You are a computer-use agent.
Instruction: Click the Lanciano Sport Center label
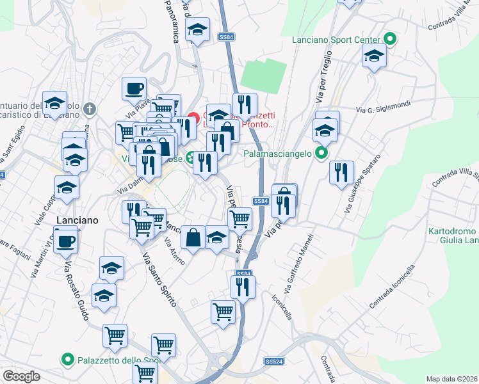click(336, 40)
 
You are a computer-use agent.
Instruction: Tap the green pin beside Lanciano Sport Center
click(389, 39)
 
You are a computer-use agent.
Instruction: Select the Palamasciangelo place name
click(276, 154)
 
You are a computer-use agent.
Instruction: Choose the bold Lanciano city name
click(77, 220)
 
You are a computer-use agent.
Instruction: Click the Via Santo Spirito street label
click(159, 280)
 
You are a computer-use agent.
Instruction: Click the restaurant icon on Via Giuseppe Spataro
click(341, 172)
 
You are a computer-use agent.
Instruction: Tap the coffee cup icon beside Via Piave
click(134, 88)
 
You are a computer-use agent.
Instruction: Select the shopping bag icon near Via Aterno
click(193, 237)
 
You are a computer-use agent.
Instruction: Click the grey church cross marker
click(90, 109)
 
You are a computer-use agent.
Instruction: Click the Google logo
click(21, 376)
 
